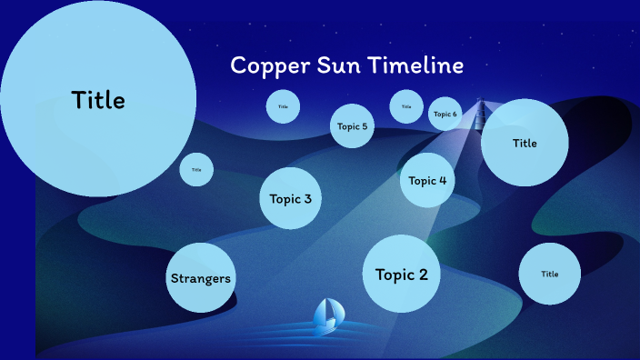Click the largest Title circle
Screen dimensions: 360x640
click(x=98, y=99)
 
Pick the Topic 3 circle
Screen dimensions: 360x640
click(x=291, y=198)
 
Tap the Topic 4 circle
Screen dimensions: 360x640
click(x=427, y=180)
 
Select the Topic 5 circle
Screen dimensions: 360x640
click(x=352, y=126)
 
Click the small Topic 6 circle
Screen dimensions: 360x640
click(x=445, y=114)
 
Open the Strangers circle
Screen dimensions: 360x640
click(x=200, y=277)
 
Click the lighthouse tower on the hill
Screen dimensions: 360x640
click(x=479, y=113)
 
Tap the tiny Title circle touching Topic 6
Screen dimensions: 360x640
click(x=405, y=106)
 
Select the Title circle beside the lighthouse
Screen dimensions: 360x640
click(x=525, y=143)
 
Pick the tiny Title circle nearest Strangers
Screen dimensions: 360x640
click(x=196, y=169)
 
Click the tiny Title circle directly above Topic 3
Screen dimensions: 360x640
click(x=283, y=106)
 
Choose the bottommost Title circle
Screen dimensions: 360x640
click(x=549, y=274)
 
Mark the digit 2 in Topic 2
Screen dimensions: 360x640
click(x=422, y=274)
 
